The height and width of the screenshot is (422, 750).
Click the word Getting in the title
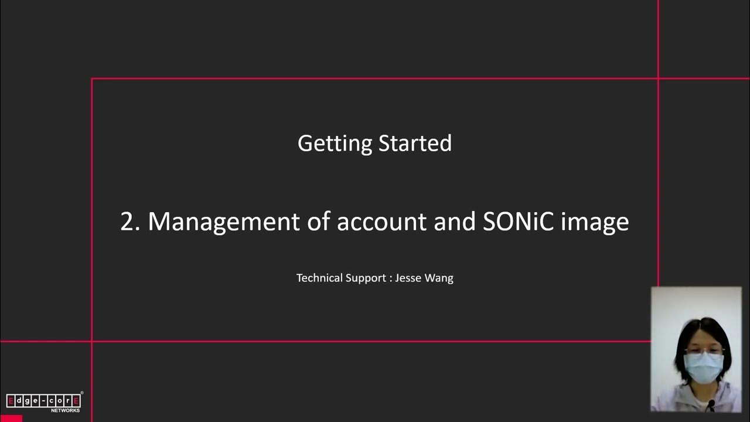tap(335, 144)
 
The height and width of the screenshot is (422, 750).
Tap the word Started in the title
tap(415, 143)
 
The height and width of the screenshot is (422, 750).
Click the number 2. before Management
tap(130, 222)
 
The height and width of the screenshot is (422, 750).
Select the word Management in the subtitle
tap(224, 222)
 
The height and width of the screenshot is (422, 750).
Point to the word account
tap(381, 222)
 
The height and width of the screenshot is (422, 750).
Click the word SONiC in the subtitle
tap(518, 222)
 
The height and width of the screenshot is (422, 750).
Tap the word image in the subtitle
tap(595, 223)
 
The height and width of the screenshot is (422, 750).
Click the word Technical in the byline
tap(319, 278)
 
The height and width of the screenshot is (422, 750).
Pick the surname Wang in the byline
tap(439, 278)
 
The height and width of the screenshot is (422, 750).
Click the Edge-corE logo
tap(43, 400)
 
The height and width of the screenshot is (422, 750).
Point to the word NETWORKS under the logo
tap(65, 410)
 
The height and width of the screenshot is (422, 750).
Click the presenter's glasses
tap(704, 352)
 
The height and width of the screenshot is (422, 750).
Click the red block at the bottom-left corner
tap(11, 418)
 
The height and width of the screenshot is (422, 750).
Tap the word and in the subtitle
tap(454, 222)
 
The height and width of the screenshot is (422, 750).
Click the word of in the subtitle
tap(318, 222)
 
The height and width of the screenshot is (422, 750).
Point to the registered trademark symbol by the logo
tap(82, 393)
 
